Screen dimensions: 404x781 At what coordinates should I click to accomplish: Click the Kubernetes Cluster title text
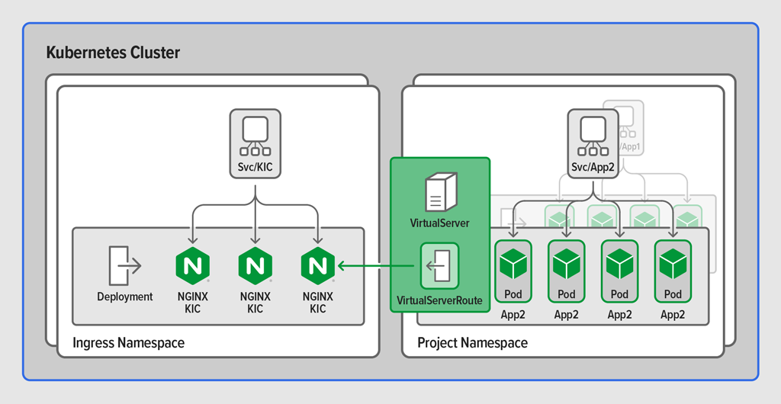pos(113,53)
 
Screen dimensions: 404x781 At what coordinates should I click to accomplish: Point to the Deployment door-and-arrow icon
pos(124,265)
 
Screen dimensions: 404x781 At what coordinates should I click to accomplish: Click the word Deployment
pos(125,297)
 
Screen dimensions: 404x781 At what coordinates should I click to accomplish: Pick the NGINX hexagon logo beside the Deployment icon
pos(192,265)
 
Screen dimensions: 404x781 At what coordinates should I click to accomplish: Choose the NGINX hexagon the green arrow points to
pos(318,265)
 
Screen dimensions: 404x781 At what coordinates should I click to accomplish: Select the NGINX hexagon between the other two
pos(256,265)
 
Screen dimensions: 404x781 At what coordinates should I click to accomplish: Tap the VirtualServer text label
pos(439,223)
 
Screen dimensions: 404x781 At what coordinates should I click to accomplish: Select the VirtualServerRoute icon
pos(439,266)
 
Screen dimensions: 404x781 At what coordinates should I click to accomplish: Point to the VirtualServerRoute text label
pos(439,300)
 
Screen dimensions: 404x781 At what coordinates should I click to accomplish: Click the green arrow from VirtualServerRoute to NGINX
pos(378,266)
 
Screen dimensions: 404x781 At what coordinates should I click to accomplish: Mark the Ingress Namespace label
pos(128,343)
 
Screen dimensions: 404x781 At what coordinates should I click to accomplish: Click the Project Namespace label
pos(472,343)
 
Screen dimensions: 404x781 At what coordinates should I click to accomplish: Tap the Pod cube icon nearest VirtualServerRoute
pos(513,264)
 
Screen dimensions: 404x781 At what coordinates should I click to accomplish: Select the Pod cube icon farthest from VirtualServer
pos(673,264)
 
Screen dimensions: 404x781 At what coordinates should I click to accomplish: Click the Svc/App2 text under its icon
pos(593,168)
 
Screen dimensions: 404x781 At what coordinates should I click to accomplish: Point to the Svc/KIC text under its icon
pos(256,168)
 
